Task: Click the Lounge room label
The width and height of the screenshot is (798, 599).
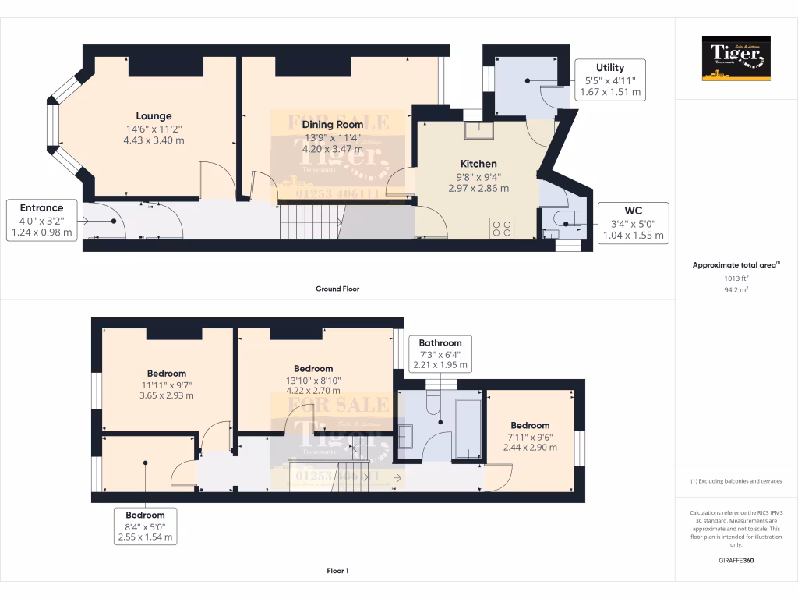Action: pos(154,116)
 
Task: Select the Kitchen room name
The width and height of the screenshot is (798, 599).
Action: pos(478,164)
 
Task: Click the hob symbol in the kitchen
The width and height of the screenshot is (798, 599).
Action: pos(503,228)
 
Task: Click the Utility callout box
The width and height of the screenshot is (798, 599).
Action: pos(610,80)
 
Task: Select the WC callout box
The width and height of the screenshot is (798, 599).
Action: pos(632,222)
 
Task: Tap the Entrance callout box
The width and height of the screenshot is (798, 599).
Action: pos(41,219)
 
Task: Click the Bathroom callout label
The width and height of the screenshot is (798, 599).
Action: pos(440,353)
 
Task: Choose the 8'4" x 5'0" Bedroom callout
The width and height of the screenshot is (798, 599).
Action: pos(145,526)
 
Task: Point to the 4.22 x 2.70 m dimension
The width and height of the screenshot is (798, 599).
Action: pos(312,392)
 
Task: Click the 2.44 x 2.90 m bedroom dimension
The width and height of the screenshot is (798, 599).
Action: pos(530,448)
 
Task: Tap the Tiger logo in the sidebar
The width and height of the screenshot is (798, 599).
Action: pos(736,58)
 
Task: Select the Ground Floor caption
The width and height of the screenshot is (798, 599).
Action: pos(337,289)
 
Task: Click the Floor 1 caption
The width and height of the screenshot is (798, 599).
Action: pos(337,571)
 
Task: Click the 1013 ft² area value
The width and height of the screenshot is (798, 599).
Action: pos(736,278)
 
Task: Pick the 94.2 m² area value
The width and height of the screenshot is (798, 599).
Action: pos(736,289)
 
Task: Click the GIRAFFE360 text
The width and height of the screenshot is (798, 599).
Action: pos(736,560)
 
